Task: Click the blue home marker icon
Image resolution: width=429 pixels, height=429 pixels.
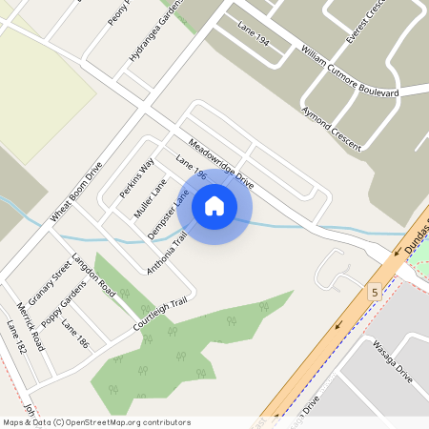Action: (x=214, y=205)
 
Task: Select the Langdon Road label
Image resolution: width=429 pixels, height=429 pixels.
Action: (x=93, y=276)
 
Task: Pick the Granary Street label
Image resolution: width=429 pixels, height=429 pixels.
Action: (x=50, y=283)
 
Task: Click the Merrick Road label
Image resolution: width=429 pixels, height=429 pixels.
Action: (x=31, y=327)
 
